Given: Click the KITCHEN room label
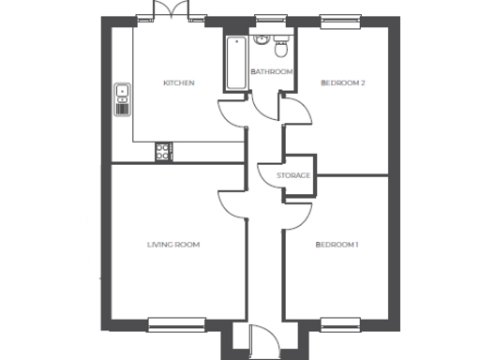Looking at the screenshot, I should click(x=178, y=83).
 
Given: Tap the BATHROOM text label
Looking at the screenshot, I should click(x=271, y=72).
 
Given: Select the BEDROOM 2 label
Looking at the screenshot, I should click(x=342, y=83).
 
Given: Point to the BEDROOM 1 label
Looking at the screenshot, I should click(x=337, y=245).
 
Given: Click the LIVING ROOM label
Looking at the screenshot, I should click(x=173, y=245).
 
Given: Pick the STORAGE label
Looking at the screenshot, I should click(x=293, y=175).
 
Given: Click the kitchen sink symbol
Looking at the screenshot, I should click(x=122, y=94).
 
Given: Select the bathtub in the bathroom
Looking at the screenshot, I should click(x=233, y=62).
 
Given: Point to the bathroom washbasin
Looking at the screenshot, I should click(x=262, y=40).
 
